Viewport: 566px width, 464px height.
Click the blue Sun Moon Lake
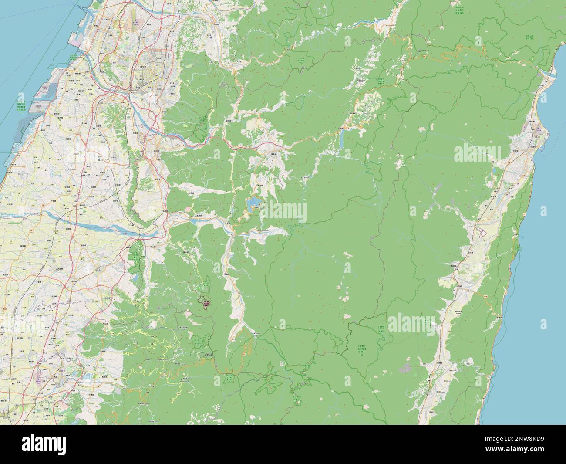point(253,203)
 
